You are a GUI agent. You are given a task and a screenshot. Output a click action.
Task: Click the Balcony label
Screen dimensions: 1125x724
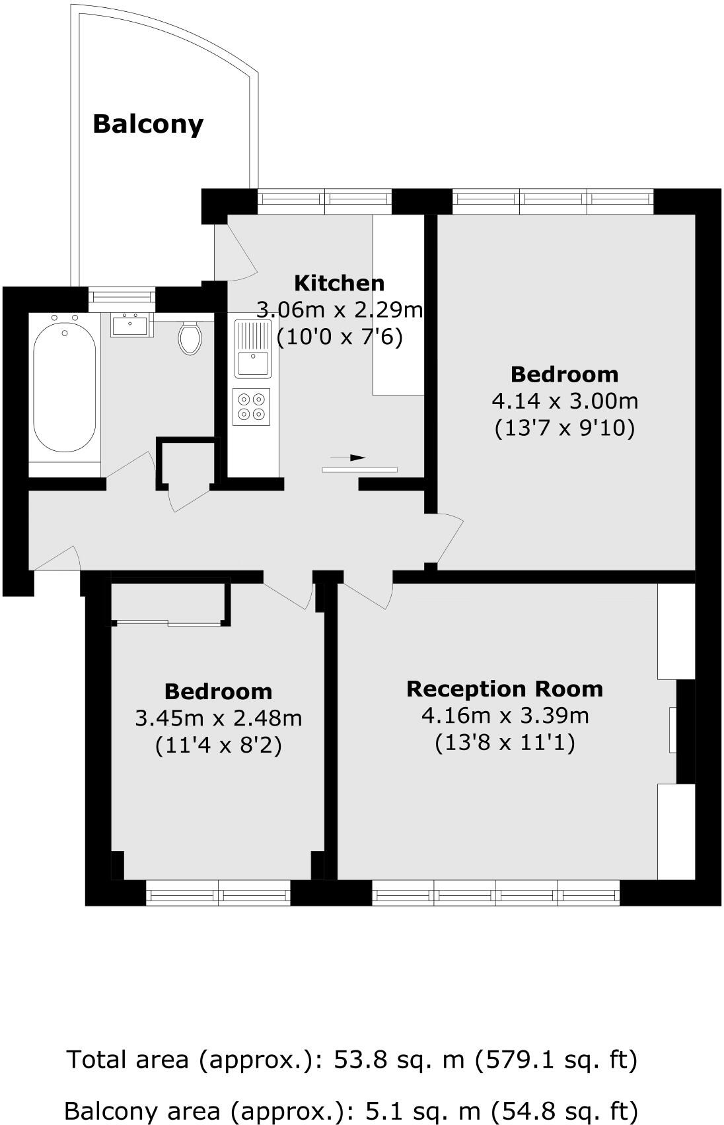point(148,124)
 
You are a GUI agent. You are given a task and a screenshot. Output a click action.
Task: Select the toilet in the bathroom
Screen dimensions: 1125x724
point(190,338)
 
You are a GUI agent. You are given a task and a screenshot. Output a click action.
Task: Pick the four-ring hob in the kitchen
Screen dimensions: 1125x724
point(252,407)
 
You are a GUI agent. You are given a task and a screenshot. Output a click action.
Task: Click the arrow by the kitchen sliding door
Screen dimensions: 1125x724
point(348,458)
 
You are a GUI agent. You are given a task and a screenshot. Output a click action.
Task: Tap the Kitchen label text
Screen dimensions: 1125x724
point(339,283)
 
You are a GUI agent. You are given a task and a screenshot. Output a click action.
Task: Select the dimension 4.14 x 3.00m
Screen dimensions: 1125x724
point(565,401)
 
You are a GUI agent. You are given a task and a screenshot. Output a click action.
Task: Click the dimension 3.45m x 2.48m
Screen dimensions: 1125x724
point(218,718)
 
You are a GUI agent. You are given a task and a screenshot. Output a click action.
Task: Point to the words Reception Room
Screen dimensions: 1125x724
point(505,689)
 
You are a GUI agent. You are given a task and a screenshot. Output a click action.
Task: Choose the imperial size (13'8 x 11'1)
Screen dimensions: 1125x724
point(505,743)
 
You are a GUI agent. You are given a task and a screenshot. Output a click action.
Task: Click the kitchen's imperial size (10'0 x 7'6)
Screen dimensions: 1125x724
point(339,337)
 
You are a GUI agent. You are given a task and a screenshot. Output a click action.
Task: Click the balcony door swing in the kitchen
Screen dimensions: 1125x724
point(234,254)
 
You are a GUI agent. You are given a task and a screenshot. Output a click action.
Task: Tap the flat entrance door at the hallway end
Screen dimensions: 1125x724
point(56,558)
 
